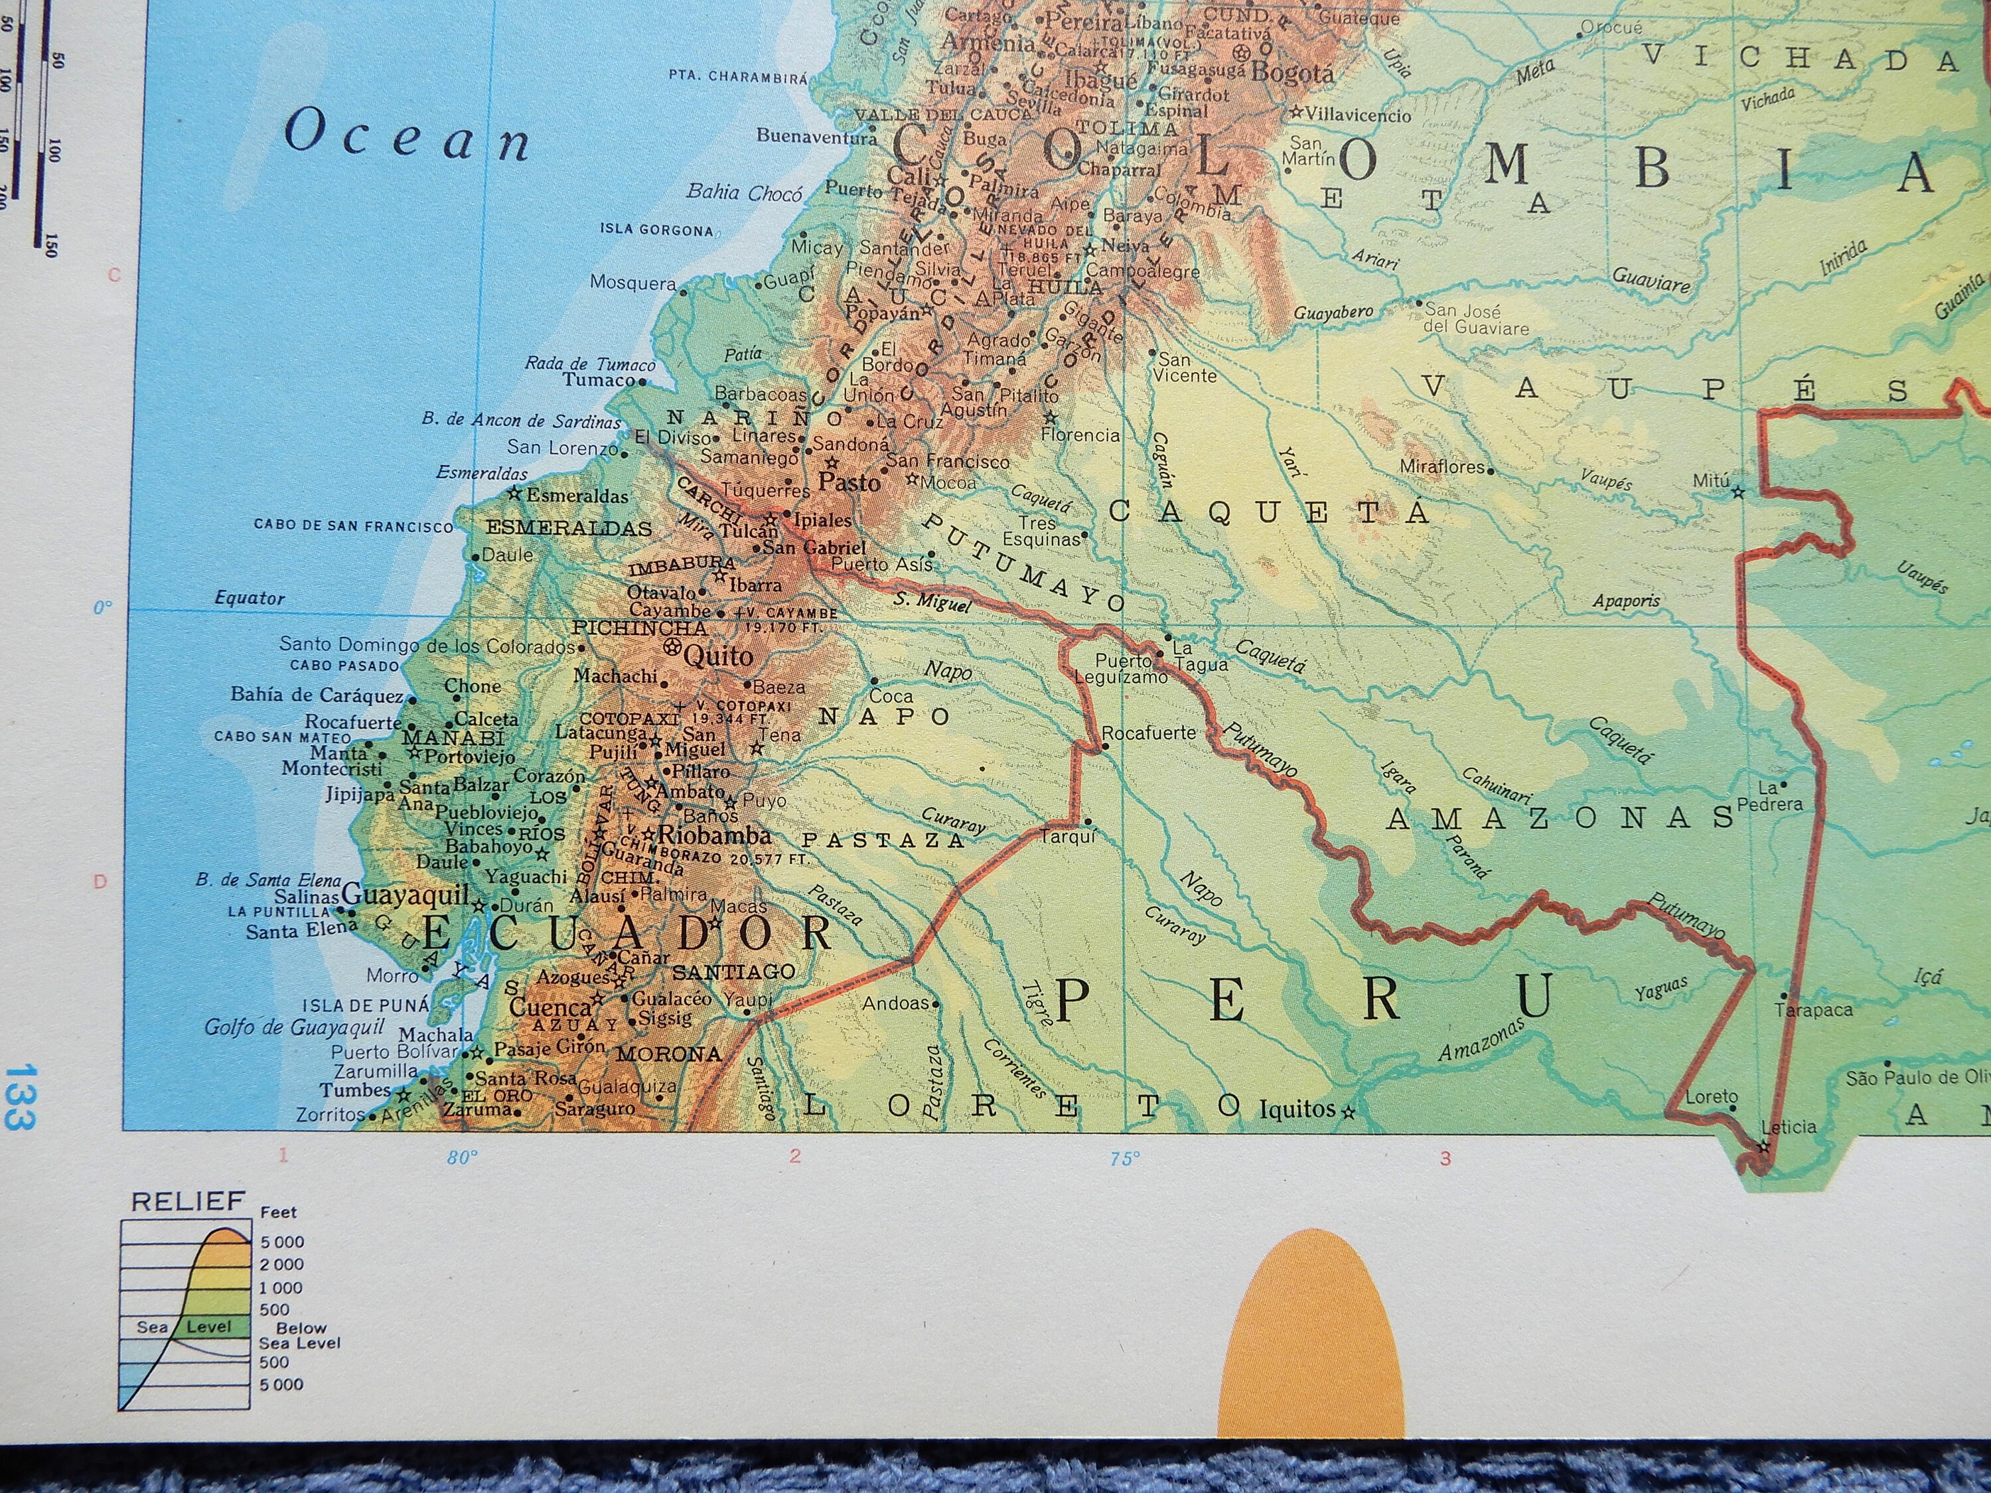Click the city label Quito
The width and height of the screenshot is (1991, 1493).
point(717,656)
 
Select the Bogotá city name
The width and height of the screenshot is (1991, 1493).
point(1293,74)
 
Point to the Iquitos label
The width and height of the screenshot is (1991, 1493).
point(1296,1109)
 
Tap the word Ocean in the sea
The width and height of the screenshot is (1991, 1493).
point(407,138)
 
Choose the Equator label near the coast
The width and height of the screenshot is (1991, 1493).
point(250,599)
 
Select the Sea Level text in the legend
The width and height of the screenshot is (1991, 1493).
point(184,1326)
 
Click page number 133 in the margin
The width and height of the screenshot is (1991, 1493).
point(18,1096)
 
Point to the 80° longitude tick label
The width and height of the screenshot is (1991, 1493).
point(462,1158)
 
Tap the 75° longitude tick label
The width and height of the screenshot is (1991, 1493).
point(1124,1158)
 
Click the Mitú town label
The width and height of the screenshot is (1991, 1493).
point(1710,482)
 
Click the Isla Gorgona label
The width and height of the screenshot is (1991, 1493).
point(656,230)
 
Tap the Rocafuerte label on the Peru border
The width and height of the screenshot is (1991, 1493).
point(1149,733)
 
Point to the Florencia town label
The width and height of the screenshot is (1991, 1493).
point(1080,435)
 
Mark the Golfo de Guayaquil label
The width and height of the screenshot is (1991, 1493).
point(294,1028)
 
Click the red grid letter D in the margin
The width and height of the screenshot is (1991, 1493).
point(100,882)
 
